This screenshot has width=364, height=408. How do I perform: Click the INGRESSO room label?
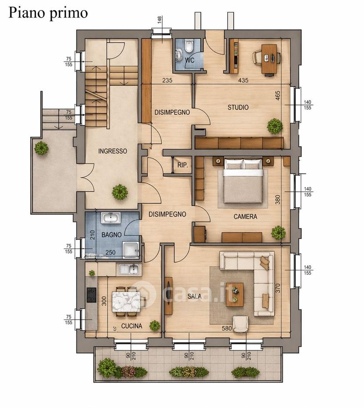[x=113, y=151]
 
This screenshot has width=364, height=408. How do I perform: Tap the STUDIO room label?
[x=238, y=107]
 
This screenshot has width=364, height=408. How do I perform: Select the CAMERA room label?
[x=245, y=217]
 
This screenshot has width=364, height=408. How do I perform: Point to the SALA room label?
[x=194, y=296]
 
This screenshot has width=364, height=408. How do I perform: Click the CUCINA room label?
[x=132, y=326]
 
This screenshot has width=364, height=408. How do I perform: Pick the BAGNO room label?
[x=112, y=235]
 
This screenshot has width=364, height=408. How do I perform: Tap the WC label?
[x=189, y=60]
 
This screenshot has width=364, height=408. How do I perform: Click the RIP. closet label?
[x=182, y=165]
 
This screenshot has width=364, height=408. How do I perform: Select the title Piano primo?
[x=48, y=12]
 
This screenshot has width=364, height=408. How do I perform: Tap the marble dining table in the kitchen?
[x=126, y=302]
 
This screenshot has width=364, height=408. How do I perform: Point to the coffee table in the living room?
[x=235, y=294]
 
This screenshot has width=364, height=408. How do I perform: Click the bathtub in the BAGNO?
[x=111, y=218]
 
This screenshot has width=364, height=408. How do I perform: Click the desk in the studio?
[x=269, y=59]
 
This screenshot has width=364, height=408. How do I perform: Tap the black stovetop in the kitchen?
[x=91, y=295]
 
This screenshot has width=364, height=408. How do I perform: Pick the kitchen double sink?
[x=129, y=269]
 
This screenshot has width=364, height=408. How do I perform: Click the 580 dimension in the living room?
[x=226, y=328]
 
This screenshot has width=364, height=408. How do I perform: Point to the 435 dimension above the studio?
[x=243, y=80]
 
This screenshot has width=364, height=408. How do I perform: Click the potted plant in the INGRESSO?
[x=120, y=192]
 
